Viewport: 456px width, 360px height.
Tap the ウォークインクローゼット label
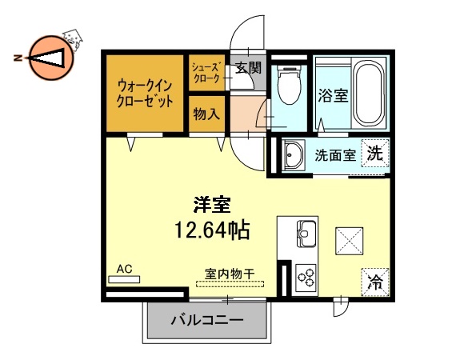[x=145, y=93]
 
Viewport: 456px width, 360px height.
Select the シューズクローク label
[x=207, y=73]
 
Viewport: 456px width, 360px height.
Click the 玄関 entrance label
[x=248, y=69]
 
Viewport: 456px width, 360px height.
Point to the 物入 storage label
[x=206, y=114]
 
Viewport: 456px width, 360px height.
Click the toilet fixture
[x=287, y=82]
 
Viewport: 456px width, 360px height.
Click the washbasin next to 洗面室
[x=292, y=154]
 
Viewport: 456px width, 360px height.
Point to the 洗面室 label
[x=334, y=156]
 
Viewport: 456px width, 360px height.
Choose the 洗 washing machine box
[x=374, y=154]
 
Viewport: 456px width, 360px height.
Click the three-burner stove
[x=306, y=277]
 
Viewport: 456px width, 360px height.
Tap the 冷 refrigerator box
[x=374, y=281]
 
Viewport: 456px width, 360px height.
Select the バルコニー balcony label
[x=206, y=322]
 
